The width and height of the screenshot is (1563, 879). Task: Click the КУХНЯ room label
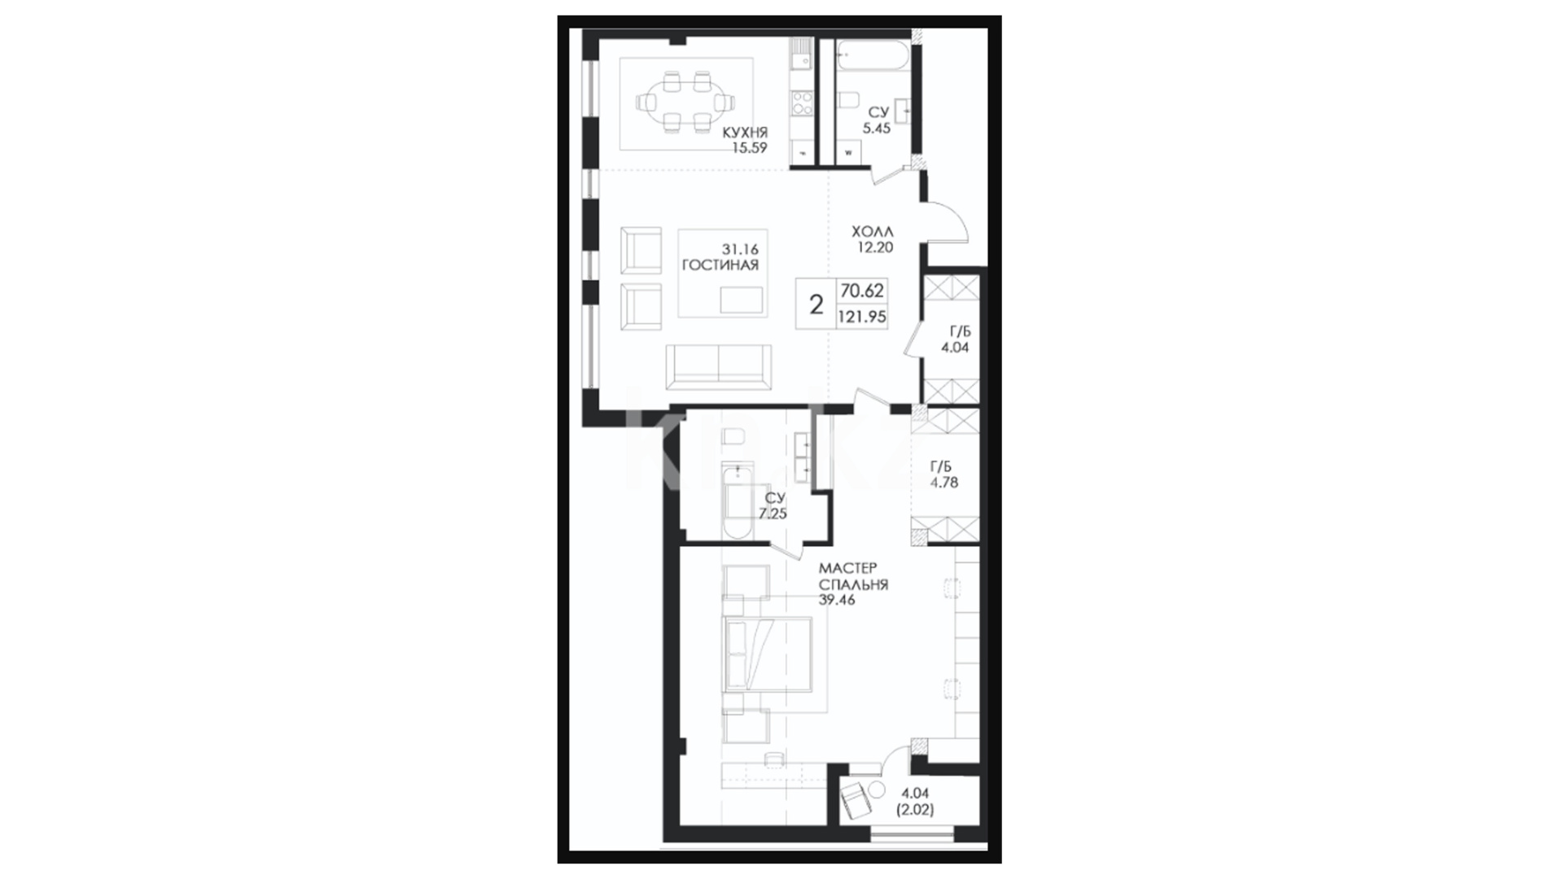pyautogui.click(x=745, y=132)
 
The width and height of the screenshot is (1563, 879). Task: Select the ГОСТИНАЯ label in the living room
pyautogui.click(x=720, y=265)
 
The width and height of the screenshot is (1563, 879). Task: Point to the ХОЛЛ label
pyautogui.click(x=872, y=232)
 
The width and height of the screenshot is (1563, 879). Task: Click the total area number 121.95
pyautogui.click(x=862, y=317)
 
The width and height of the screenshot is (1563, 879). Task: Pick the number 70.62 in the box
pyautogui.click(x=862, y=291)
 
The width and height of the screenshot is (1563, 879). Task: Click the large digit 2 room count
pyautogui.click(x=816, y=304)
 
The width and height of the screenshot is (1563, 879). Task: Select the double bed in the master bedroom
pyautogui.click(x=767, y=654)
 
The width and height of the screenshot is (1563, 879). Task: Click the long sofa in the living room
pyautogui.click(x=718, y=366)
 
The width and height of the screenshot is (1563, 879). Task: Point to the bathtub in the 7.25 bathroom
pyautogui.click(x=738, y=502)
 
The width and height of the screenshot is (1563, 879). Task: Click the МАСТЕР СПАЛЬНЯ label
pyautogui.click(x=853, y=576)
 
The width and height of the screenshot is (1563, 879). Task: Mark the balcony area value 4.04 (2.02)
pyautogui.click(x=916, y=801)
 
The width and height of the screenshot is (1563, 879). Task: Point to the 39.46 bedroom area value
pyautogui.click(x=837, y=601)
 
